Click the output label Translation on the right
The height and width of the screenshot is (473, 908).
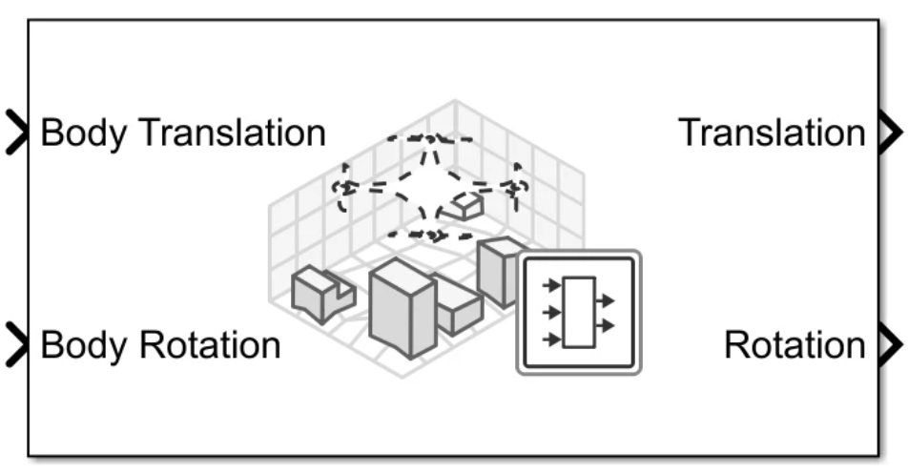click(x=772, y=133)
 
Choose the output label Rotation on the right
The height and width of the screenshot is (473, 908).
click(x=794, y=344)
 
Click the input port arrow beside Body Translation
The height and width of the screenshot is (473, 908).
click(x=17, y=133)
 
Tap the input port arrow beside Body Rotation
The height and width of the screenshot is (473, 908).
click(x=17, y=344)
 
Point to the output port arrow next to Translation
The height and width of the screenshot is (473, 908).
click(x=887, y=133)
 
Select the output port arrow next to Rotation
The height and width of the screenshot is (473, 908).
click(x=887, y=344)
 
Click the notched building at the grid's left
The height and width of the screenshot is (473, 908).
click(x=321, y=293)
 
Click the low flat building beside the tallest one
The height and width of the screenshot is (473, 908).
click(x=457, y=303)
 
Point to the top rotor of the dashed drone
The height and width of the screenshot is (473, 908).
click(x=430, y=139)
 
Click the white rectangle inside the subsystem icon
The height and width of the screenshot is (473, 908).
click(x=578, y=313)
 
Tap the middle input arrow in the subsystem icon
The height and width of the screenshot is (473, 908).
click(x=550, y=311)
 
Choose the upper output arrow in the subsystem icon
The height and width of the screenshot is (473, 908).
click(x=605, y=301)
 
